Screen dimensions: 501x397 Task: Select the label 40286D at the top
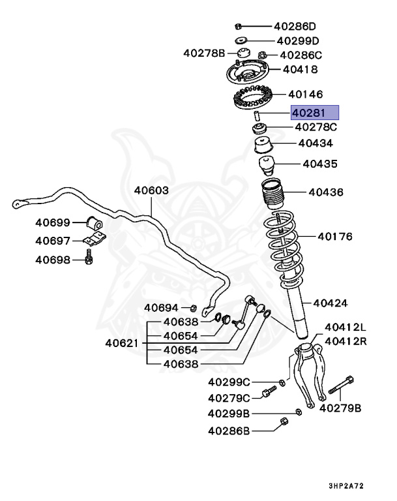295,27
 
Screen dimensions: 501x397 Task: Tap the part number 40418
300,69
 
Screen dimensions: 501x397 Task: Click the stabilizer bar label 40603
151,190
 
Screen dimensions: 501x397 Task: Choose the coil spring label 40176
334,236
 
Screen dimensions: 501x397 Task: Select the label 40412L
346,327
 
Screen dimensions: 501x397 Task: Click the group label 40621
123,342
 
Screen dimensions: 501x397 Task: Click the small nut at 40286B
284,422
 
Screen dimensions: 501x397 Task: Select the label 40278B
203,52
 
